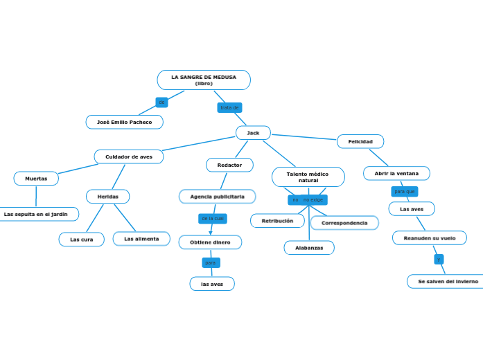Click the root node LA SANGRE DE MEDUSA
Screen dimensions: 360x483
tap(204, 80)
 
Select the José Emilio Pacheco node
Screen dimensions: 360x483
tap(125, 122)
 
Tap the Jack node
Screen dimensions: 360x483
tap(253, 132)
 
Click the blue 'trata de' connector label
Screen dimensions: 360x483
tap(229, 107)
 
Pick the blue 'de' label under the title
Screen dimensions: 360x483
tap(161, 102)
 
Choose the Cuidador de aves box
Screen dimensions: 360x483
tap(129, 156)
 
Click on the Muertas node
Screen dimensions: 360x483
tap(36, 178)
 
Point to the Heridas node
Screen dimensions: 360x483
tap(107, 197)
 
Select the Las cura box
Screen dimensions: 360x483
tap(82, 239)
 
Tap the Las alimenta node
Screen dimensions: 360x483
tap(141, 239)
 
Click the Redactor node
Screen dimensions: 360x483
tap(229, 165)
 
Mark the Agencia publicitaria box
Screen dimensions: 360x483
tap(217, 197)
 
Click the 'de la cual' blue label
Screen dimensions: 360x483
tap(213, 218)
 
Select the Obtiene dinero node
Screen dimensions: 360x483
tap(210, 242)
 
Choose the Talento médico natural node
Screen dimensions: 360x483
tap(308, 177)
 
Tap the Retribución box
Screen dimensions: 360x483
tap(277, 221)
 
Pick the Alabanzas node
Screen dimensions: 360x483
tap(309, 248)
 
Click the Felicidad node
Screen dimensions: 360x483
tap(360, 141)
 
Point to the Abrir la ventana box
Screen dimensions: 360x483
tap(396, 173)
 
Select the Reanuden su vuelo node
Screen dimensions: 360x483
tap(429, 237)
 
